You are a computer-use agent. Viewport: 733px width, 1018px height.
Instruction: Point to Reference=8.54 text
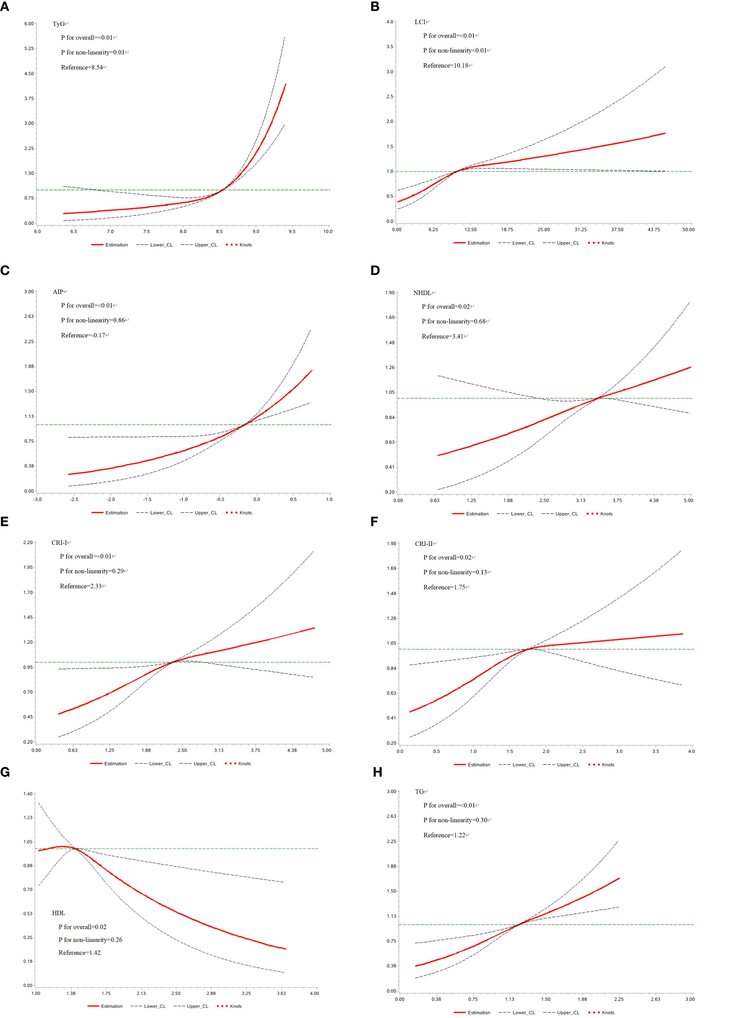coord(84,67)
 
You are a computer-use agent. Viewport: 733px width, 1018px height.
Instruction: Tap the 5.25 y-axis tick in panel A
coord(29,48)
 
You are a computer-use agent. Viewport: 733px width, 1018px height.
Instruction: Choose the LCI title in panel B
coord(420,22)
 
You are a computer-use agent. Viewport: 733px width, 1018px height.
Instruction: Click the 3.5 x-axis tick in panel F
coord(655,751)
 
